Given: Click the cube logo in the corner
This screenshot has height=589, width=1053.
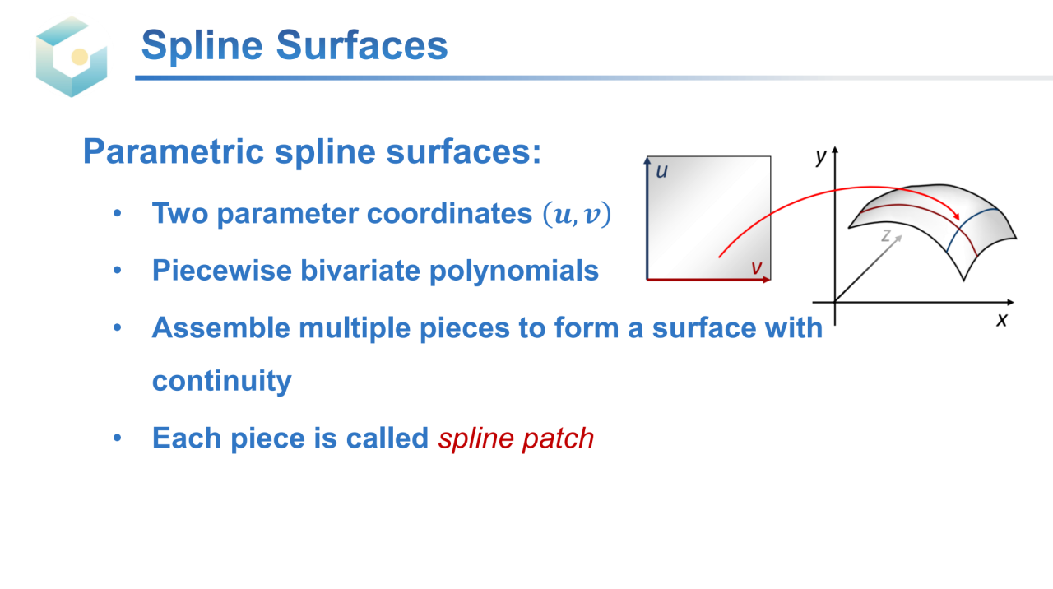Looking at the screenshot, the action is (72, 57).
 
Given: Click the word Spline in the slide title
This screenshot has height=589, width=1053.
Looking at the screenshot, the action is (202, 45).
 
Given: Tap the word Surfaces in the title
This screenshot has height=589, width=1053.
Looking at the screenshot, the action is (362, 45).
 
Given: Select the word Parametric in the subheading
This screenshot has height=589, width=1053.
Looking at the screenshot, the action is (174, 152).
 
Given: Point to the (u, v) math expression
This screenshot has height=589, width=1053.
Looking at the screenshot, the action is (577, 214).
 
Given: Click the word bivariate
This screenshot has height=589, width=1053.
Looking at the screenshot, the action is (360, 271).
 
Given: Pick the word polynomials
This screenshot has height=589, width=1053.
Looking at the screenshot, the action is (514, 271).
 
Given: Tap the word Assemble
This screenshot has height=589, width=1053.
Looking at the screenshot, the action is (221, 327).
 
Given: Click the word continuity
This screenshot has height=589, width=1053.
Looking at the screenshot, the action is (222, 381).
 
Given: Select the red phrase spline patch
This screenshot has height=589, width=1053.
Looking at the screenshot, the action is (516, 438).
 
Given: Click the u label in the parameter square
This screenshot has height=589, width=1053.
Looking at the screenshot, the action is (662, 172).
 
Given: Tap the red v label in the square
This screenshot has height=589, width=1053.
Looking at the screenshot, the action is (756, 267).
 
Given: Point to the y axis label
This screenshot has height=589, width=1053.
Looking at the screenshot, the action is (821, 156).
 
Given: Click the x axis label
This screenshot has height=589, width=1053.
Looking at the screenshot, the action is (1002, 320).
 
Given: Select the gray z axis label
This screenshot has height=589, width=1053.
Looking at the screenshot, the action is (886, 235).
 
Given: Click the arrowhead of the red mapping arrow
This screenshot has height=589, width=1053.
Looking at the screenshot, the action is (956, 216).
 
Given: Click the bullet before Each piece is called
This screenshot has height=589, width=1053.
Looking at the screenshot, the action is (117, 438).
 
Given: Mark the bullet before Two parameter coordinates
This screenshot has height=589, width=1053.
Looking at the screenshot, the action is (117, 213).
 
